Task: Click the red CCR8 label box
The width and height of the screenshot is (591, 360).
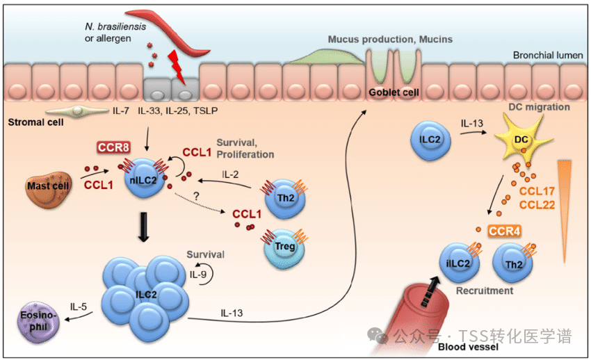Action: (113, 148)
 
